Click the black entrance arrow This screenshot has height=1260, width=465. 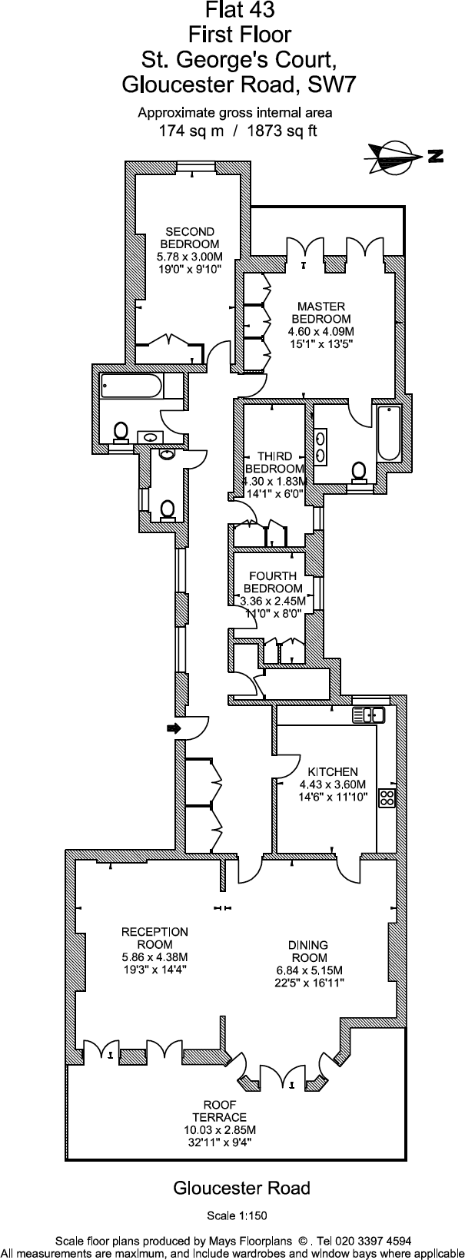click(174, 728)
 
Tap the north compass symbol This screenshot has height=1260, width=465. click(397, 157)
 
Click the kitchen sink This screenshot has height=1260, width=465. click(368, 715)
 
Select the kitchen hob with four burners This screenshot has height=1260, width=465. click(386, 797)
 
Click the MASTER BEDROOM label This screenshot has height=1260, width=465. click(321, 313)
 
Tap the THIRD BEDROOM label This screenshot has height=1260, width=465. click(274, 463)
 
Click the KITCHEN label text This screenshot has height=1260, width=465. click(333, 772)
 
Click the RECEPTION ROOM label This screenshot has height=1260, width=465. click(154, 938)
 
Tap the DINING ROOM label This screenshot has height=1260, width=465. click(308, 951)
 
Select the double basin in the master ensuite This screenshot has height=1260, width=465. click(320, 446)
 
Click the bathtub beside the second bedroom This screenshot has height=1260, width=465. click(132, 386)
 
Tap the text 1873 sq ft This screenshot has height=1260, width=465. click(281, 131)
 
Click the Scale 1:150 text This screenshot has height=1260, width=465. click(237, 1216)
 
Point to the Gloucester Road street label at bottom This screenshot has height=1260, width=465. click(241, 1189)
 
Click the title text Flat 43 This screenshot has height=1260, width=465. click(239, 10)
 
